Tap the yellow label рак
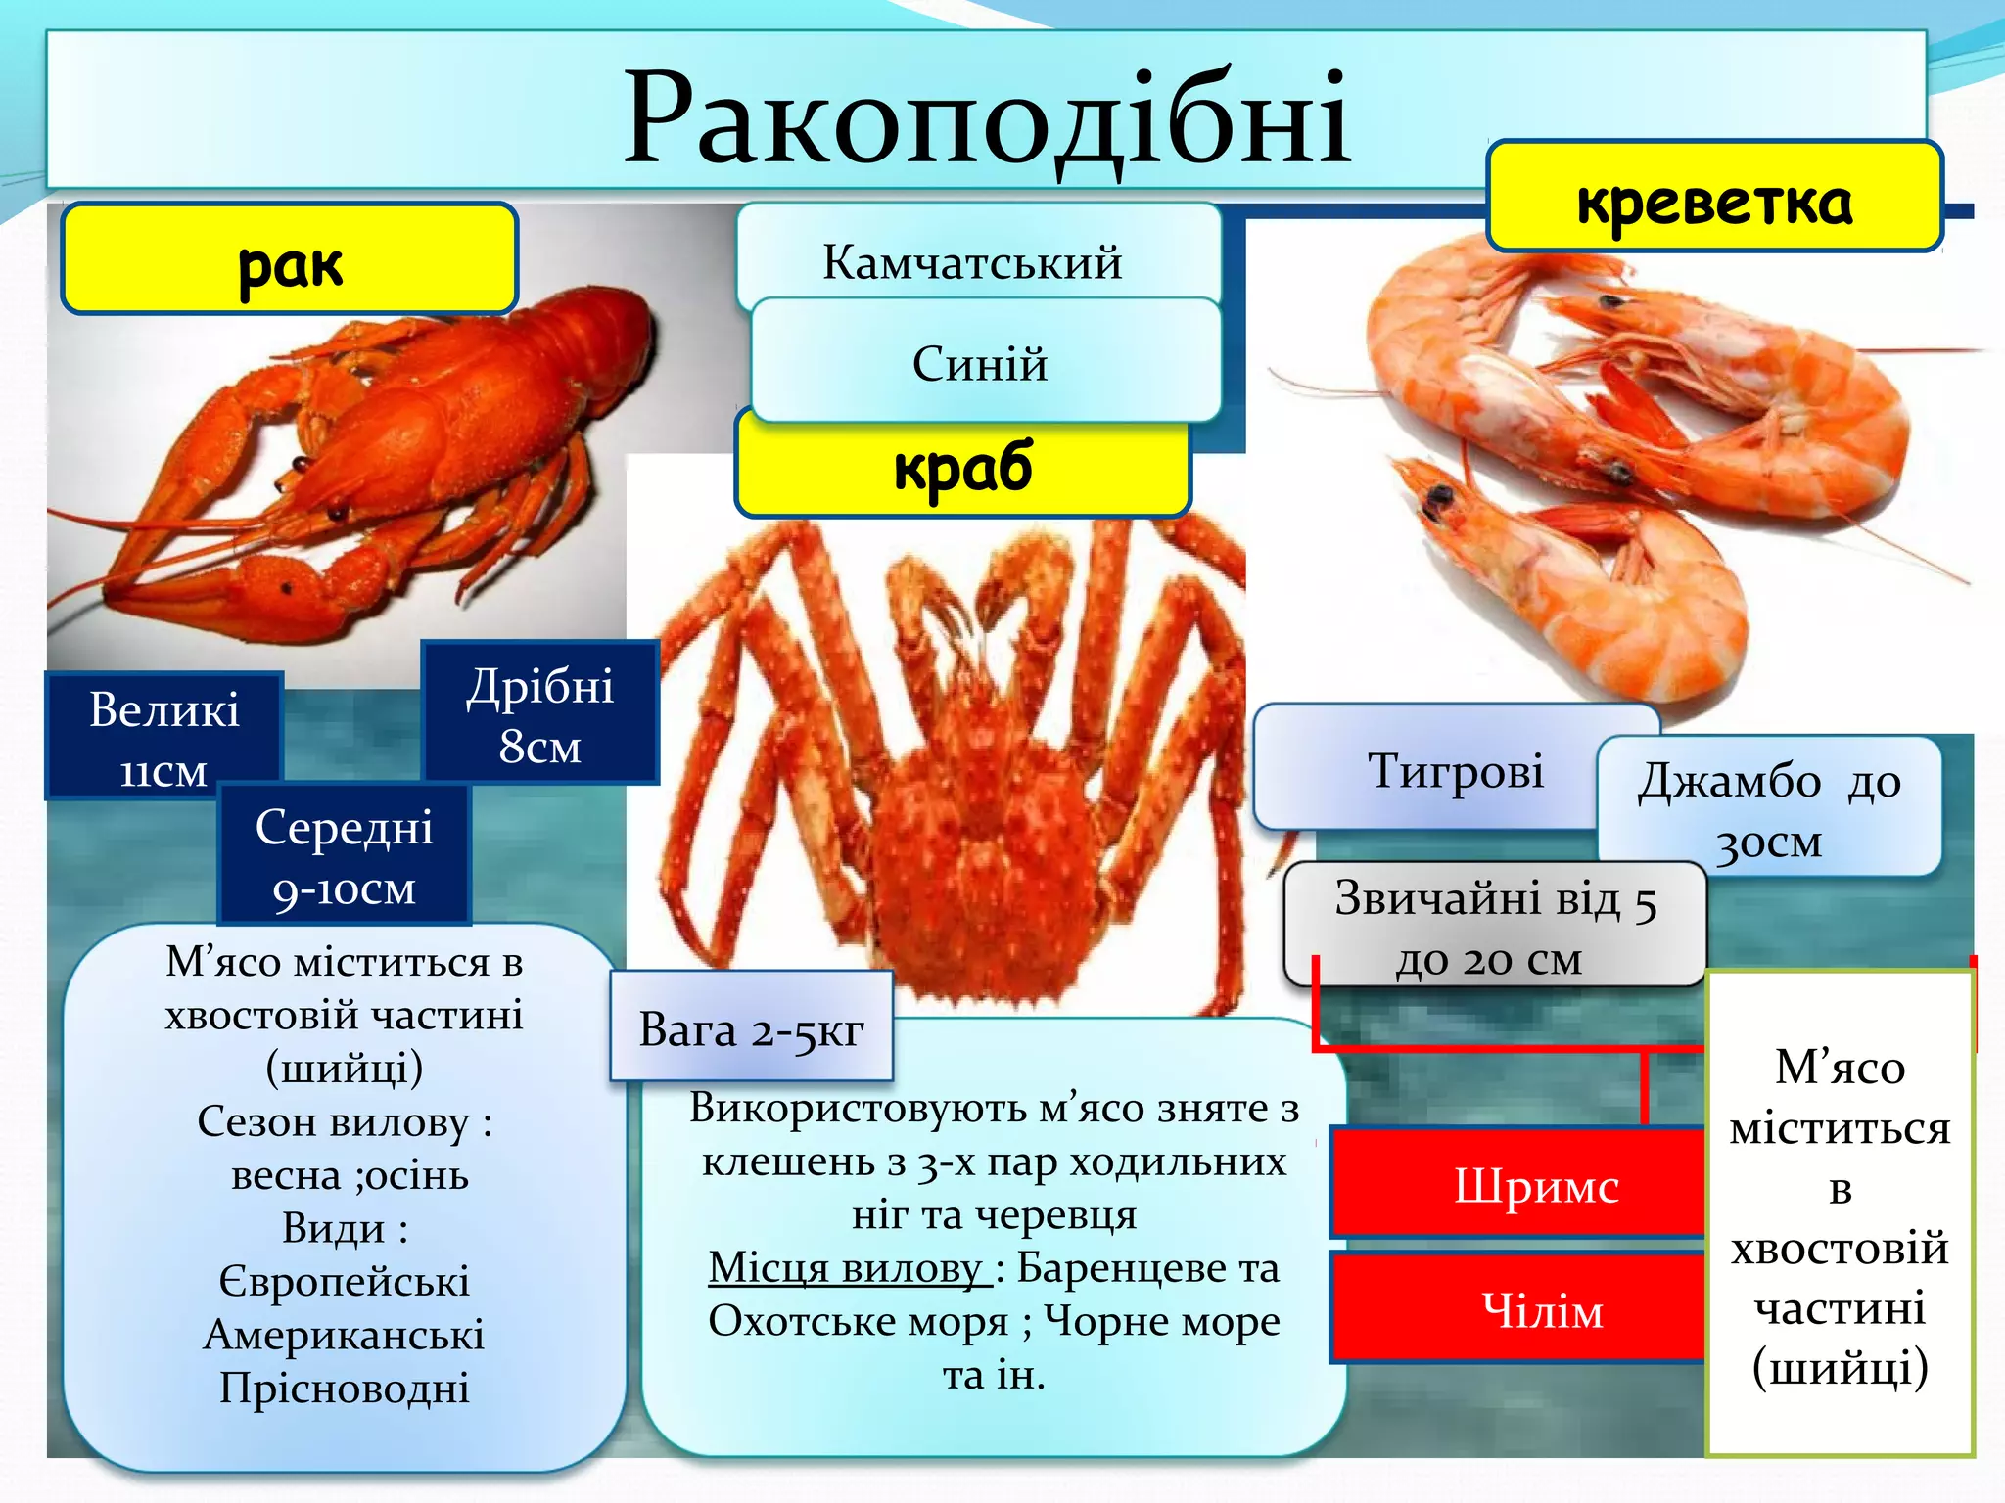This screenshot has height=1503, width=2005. point(290,259)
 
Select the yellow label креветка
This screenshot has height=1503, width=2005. point(1713,199)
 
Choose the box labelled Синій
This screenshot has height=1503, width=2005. point(981,362)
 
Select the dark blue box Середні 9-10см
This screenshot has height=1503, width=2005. point(345,855)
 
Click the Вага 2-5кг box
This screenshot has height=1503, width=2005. point(751,1027)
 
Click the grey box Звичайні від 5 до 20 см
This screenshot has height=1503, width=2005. point(1494,925)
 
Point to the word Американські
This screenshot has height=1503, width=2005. point(345,1334)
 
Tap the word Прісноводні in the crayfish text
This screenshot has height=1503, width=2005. point(345,1387)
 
